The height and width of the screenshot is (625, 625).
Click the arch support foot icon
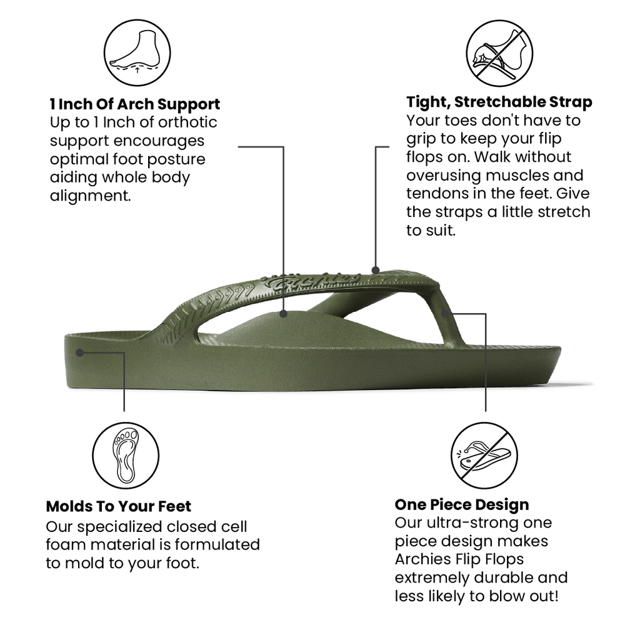[137, 52]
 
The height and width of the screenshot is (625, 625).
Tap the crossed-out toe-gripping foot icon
[499, 53]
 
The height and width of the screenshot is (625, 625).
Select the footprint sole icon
[126, 456]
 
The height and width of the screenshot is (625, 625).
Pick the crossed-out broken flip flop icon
[484, 456]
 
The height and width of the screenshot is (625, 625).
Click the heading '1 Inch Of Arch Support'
[135, 104]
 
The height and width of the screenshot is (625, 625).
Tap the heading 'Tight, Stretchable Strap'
[499, 102]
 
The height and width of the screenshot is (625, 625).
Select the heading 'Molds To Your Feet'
[118, 506]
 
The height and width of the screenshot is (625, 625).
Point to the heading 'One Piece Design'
[462, 504]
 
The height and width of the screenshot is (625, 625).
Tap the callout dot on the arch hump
[283, 314]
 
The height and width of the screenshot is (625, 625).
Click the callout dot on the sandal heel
[80, 352]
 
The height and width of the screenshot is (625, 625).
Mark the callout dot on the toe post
[446, 314]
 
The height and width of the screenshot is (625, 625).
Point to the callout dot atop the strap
[376, 270]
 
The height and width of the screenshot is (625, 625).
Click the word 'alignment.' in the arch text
[91, 196]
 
